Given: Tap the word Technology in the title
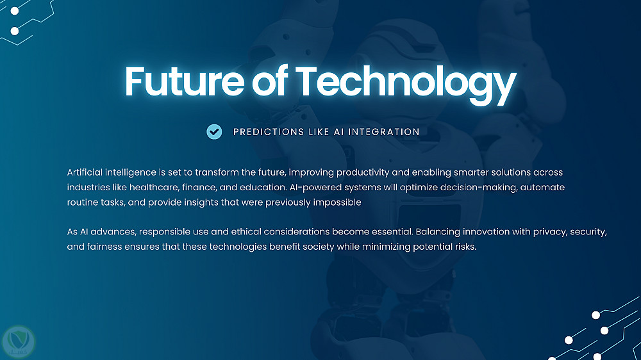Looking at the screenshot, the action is tap(406, 84).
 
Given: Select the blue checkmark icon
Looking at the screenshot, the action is tap(214, 131).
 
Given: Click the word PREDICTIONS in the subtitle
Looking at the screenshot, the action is tap(269, 132).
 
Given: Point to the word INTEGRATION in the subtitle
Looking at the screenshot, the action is tap(384, 132).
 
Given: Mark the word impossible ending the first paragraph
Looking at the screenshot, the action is tap(337, 202).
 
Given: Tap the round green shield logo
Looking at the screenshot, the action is tap(19, 342).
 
